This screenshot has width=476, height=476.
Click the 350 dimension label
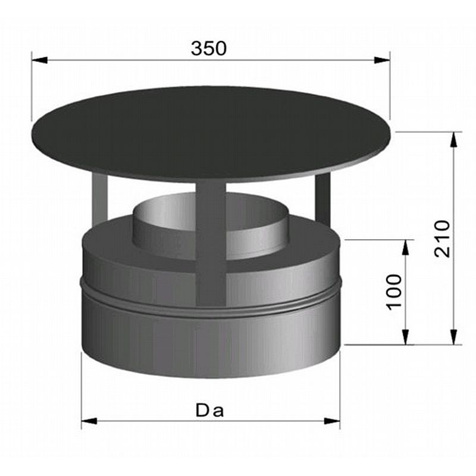[209, 48]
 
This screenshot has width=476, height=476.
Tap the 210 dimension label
[442, 239]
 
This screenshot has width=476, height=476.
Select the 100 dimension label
[394, 292]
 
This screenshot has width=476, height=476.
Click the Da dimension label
[210, 411]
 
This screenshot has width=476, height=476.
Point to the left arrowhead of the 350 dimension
[39, 60]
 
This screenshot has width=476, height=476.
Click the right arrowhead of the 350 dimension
[382, 60]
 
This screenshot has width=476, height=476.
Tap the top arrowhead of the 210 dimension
[453, 140]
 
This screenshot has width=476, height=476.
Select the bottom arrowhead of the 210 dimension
[453, 337]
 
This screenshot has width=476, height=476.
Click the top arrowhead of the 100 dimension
[406, 248]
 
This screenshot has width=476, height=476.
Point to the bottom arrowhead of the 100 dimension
[406, 337]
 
